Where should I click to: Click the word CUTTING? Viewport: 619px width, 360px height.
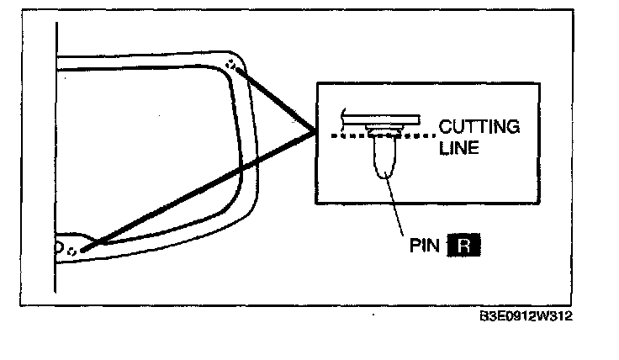(479, 128)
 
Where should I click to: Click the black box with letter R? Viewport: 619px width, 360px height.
(464, 246)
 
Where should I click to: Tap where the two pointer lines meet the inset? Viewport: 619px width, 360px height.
(315, 131)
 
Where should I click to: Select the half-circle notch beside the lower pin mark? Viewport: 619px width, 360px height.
(58, 247)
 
